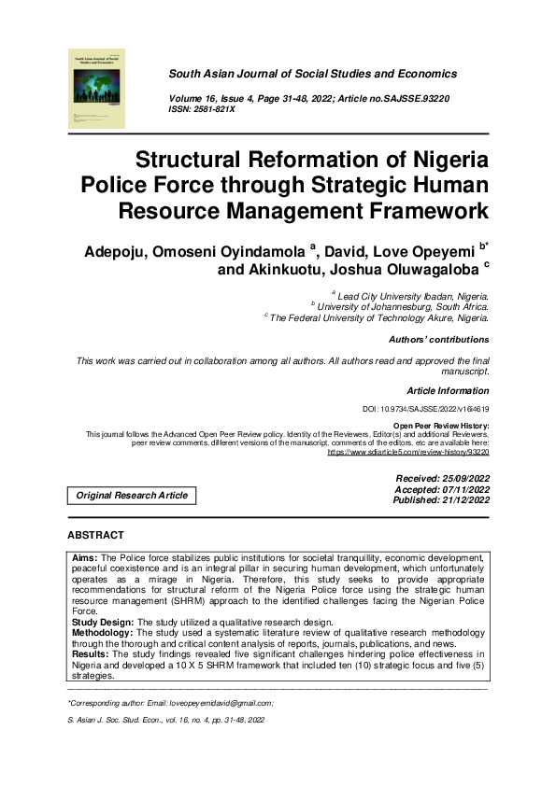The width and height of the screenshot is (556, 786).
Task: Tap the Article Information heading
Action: (448, 391)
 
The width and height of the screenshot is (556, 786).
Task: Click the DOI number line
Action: (425, 410)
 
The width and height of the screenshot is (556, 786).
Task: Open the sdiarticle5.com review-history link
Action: (407, 452)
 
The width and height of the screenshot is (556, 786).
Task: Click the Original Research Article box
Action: (132, 496)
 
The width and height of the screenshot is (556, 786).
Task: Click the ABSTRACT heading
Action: (95, 535)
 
